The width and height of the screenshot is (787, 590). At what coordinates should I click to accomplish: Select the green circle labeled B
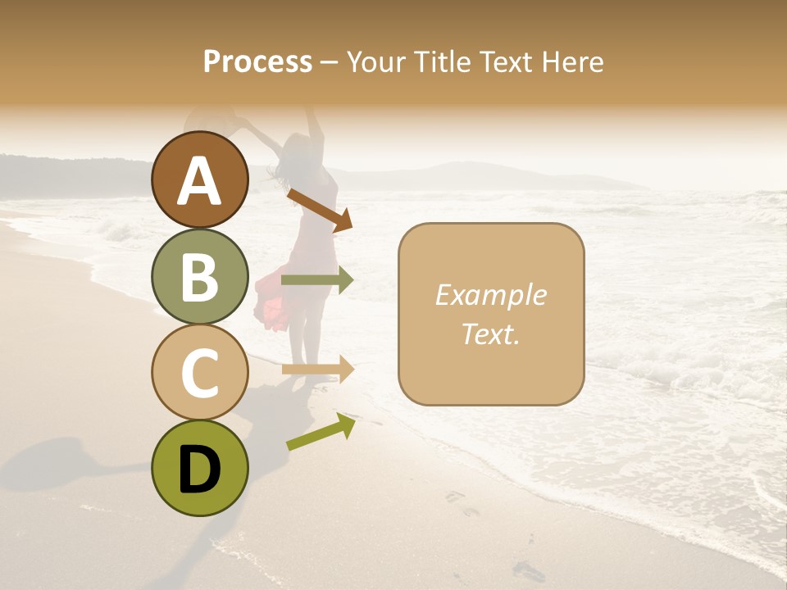tap(200, 276)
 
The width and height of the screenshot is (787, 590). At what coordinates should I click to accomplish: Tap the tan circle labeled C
tap(200, 372)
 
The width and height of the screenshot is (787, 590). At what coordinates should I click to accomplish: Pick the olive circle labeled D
tap(200, 468)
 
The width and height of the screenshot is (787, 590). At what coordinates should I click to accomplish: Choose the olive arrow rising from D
tap(321, 432)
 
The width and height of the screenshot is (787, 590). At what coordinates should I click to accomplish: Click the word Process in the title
tap(257, 61)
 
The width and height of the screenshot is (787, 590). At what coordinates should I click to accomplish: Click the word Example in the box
tap(490, 295)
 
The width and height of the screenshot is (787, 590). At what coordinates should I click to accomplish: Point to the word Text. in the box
tap(490, 334)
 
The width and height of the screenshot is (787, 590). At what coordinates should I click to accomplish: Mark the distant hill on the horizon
tap(459, 174)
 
